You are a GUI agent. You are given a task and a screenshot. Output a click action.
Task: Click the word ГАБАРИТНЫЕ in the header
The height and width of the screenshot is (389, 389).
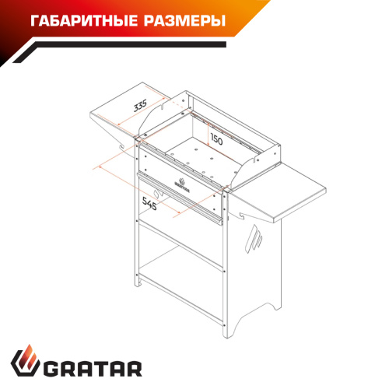[84, 21]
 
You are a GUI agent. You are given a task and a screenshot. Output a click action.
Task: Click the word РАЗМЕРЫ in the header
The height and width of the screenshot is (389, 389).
[184, 21]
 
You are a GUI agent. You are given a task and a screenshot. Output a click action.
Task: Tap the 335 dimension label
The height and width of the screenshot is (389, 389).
[140, 105]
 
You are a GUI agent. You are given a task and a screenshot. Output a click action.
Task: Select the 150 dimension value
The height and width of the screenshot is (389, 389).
[216, 139]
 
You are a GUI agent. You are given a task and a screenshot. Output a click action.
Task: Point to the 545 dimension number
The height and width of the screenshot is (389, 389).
[149, 203]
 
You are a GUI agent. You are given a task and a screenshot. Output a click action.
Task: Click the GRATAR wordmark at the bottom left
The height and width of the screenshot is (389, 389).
[93, 369]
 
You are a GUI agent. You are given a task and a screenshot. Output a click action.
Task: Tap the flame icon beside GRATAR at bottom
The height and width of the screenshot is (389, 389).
[25, 360]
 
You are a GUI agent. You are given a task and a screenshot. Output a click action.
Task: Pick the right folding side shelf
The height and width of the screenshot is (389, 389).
[280, 192]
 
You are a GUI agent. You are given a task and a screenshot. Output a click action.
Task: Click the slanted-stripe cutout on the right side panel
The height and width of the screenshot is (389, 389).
[254, 239]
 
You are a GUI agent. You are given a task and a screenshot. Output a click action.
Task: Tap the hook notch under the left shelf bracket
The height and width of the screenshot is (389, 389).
[121, 147]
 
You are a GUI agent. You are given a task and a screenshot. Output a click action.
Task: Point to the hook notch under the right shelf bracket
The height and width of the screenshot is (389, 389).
[242, 216]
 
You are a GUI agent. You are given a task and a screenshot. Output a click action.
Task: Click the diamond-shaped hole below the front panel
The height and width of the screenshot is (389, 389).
[157, 194]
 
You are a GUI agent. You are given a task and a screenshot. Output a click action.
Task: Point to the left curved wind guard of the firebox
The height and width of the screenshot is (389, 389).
[153, 115]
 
